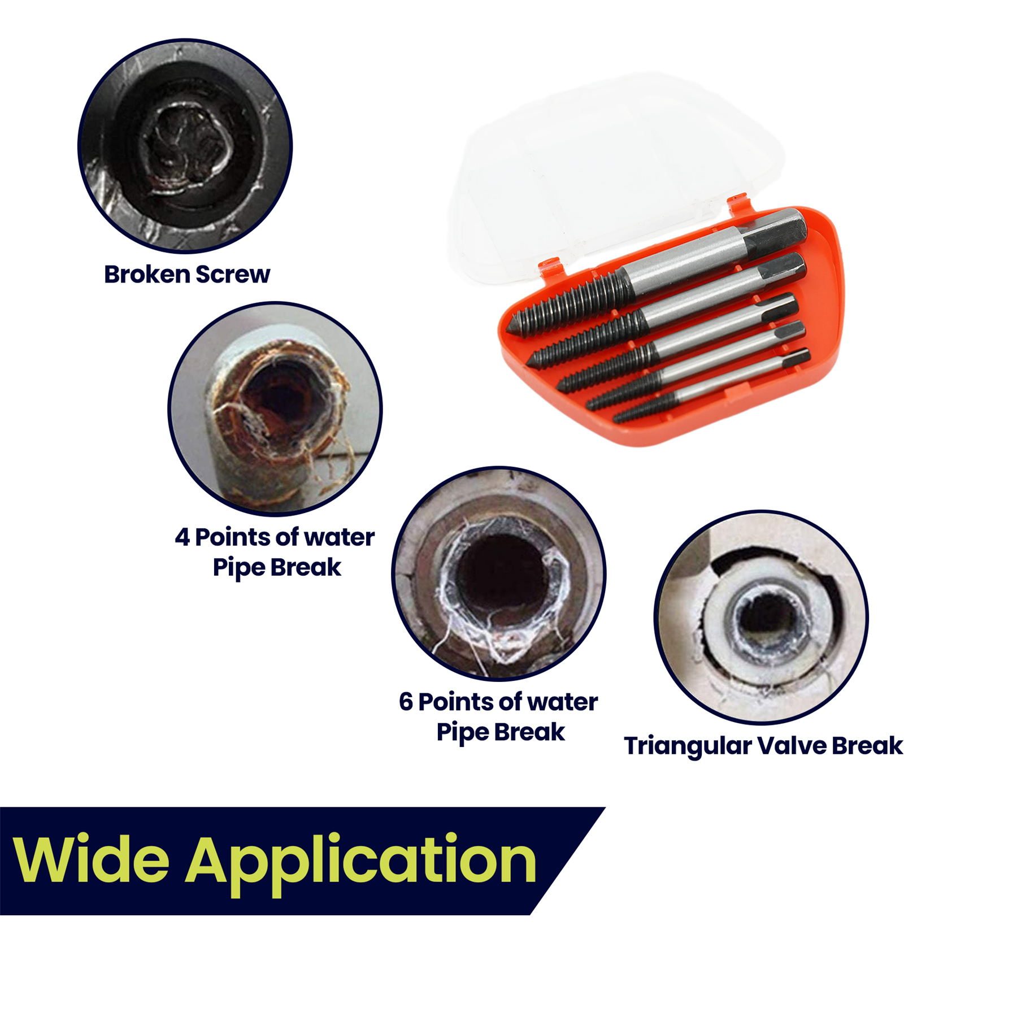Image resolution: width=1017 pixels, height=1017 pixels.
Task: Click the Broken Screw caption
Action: pyautogui.click(x=187, y=275)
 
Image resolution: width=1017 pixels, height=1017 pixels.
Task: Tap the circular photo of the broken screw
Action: pyautogui.click(x=185, y=145)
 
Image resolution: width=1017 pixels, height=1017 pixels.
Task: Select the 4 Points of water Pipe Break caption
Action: pyautogui.click(x=275, y=552)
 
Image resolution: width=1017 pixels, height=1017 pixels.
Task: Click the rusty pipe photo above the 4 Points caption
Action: pyautogui.click(x=275, y=409)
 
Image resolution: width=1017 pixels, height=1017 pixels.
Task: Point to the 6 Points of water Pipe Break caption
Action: pyautogui.click(x=498, y=717)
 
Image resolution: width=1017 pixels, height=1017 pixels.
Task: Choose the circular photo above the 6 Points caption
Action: pyautogui.click(x=499, y=573)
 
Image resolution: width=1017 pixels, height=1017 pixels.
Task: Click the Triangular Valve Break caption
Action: pyautogui.click(x=763, y=746)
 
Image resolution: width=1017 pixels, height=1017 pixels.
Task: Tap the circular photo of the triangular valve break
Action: pyautogui.click(x=761, y=617)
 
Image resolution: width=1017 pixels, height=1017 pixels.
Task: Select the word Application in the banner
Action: pyautogui.click(x=361, y=864)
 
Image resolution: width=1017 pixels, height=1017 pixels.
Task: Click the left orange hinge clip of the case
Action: pyautogui.click(x=549, y=267)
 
